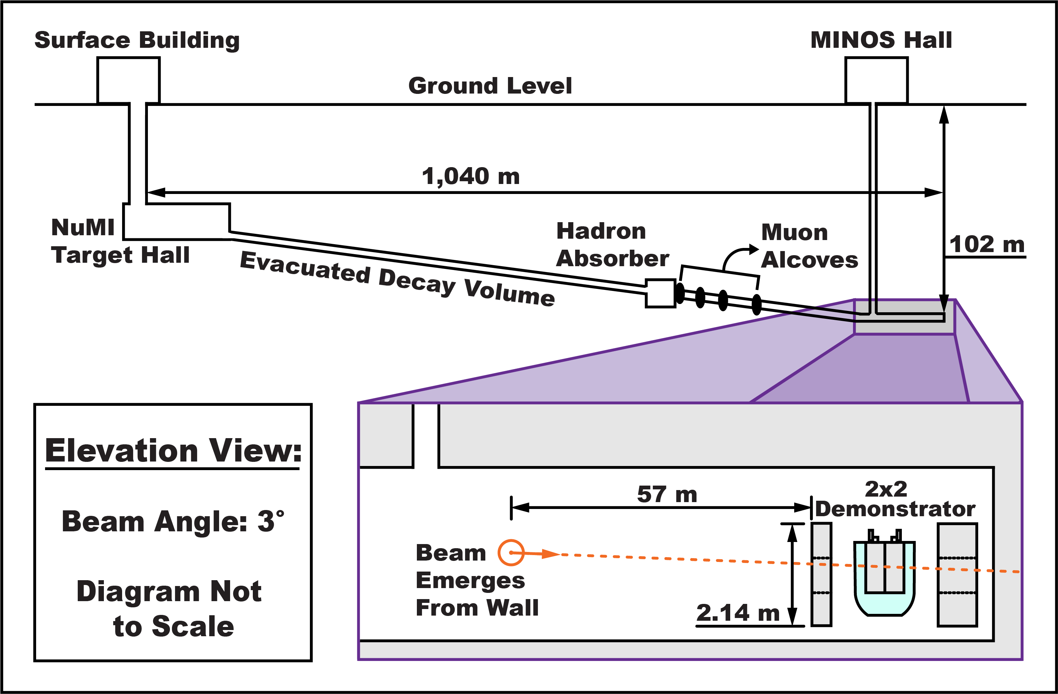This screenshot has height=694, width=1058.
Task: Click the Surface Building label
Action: click(137, 41)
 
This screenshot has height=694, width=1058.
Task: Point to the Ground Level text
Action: click(490, 86)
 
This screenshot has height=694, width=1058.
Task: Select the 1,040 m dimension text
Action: click(470, 176)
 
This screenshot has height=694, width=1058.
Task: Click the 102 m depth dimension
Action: click(986, 245)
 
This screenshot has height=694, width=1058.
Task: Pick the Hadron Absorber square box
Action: click(660, 293)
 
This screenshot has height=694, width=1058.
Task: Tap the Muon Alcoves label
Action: click(809, 246)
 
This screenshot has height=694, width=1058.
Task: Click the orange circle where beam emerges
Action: click(511, 553)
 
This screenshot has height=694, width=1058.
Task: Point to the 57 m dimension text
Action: click(667, 495)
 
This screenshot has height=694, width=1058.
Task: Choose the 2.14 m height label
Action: click(738, 613)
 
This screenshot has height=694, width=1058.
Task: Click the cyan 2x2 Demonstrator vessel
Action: click(884, 578)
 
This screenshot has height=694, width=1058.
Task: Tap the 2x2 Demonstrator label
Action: click(894, 499)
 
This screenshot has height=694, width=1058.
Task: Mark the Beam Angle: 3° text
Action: click(172, 521)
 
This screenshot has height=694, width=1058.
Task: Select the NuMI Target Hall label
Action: click(120, 241)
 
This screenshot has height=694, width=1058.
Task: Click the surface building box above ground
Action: click(129, 80)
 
